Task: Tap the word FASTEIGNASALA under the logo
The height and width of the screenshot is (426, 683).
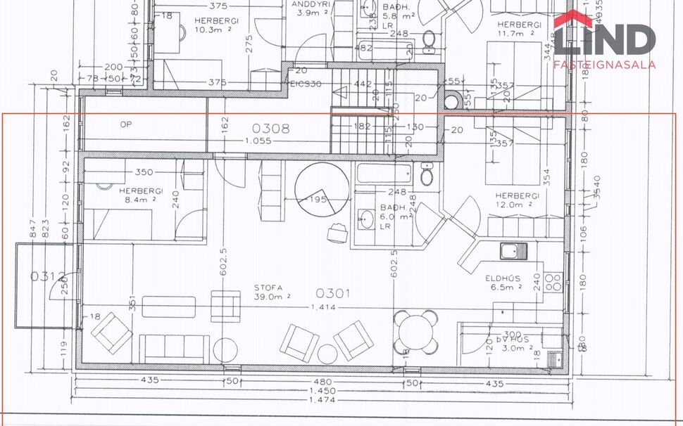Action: pyautogui.click(x=605, y=65)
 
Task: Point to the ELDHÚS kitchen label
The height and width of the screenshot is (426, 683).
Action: pyautogui.click(x=502, y=278)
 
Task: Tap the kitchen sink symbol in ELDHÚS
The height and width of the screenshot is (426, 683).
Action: pyautogui.click(x=513, y=250)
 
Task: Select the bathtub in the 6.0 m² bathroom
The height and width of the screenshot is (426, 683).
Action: pyautogui.click(x=384, y=173)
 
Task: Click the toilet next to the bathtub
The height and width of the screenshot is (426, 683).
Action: pyautogui.click(x=427, y=174)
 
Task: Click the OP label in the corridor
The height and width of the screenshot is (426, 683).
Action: pyautogui.click(x=126, y=124)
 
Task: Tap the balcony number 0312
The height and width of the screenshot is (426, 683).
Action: pyautogui.click(x=47, y=276)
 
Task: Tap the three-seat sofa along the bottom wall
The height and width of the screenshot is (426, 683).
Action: pyautogui.click(x=175, y=347)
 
